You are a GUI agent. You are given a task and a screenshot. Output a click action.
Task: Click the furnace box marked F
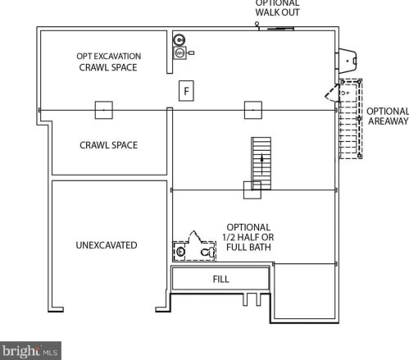[186, 91]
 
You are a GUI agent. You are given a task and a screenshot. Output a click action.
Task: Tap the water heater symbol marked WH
[180, 52]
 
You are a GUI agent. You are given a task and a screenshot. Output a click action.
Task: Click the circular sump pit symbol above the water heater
[180, 40]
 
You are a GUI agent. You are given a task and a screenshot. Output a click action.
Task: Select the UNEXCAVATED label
[107, 245]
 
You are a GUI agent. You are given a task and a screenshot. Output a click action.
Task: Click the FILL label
[220, 279]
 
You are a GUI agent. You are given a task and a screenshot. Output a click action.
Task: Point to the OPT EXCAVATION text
[109, 57]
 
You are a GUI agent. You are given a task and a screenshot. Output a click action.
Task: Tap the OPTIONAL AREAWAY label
[388, 116]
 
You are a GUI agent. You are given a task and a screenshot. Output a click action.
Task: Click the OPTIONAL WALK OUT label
[277, 7]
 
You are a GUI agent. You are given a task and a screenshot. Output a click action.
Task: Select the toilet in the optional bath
[208, 252]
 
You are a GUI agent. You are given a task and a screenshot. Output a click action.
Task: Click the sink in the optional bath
[180, 252]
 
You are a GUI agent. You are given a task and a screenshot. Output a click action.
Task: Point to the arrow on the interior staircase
[261, 164]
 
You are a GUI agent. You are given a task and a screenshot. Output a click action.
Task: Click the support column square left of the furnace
[104, 110]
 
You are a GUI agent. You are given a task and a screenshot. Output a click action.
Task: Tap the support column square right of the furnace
[253, 110]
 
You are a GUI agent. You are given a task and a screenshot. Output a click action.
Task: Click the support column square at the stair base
[252, 190]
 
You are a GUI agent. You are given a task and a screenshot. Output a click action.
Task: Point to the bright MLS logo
[30, 351]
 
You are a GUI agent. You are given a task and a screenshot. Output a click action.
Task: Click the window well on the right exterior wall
[348, 61]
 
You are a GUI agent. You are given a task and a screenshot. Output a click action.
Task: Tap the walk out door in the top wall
[276, 29]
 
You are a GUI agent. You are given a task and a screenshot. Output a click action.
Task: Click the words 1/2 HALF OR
[248, 237]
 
